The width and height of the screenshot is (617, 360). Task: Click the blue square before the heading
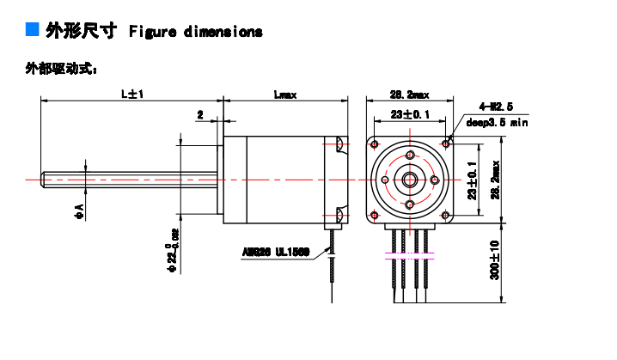33,30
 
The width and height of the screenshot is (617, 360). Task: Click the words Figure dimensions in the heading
195,32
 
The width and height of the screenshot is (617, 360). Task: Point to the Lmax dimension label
284,95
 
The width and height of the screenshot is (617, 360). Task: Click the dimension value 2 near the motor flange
200,113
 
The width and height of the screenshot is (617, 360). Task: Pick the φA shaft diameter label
78,208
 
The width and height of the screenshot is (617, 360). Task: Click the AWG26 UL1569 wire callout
275,253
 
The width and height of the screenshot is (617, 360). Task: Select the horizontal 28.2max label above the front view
409,95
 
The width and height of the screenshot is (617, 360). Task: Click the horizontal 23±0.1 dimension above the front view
409,114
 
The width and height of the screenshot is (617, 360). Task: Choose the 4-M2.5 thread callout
496,107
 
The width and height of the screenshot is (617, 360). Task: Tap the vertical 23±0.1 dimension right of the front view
471,180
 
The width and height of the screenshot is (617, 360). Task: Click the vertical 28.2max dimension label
496,180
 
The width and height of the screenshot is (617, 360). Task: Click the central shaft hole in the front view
409,180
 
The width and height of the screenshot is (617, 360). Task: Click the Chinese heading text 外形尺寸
81,32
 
